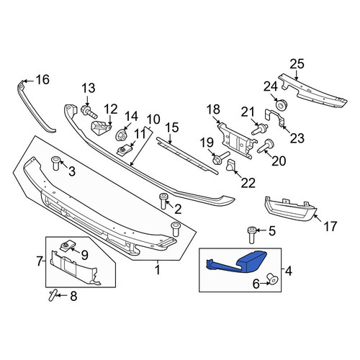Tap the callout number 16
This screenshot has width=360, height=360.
click(42, 79)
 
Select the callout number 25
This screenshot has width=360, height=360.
click(297, 64)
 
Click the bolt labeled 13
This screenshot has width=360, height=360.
click(89, 112)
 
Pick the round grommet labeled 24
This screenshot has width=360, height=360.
click(282, 104)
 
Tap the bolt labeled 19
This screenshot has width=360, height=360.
click(220, 158)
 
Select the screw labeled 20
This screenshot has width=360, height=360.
click(266, 146)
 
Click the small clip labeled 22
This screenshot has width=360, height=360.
click(231, 165)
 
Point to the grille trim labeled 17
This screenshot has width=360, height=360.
click(290, 208)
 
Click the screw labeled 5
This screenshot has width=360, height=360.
click(251, 235)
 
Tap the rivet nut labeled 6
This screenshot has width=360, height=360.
click(272, 279)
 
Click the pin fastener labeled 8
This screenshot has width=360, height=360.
click(52, 295)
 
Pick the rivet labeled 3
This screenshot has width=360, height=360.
click(55, 163)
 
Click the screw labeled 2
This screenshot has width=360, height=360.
click(163, 202)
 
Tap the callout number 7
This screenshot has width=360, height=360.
click(40, 261)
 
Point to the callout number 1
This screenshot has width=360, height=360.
click(158, 270)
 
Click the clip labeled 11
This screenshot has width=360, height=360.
click(124, 151)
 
